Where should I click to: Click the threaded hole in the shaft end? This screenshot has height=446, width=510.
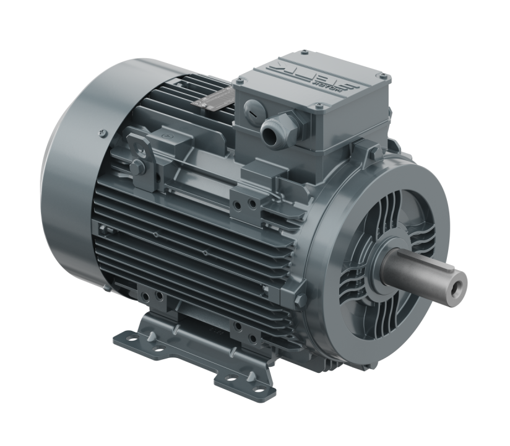tap(459, 283)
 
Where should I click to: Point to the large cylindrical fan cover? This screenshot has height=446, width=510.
tap(68, 167)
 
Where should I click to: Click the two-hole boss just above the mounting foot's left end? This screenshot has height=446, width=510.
tap(152, 296)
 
